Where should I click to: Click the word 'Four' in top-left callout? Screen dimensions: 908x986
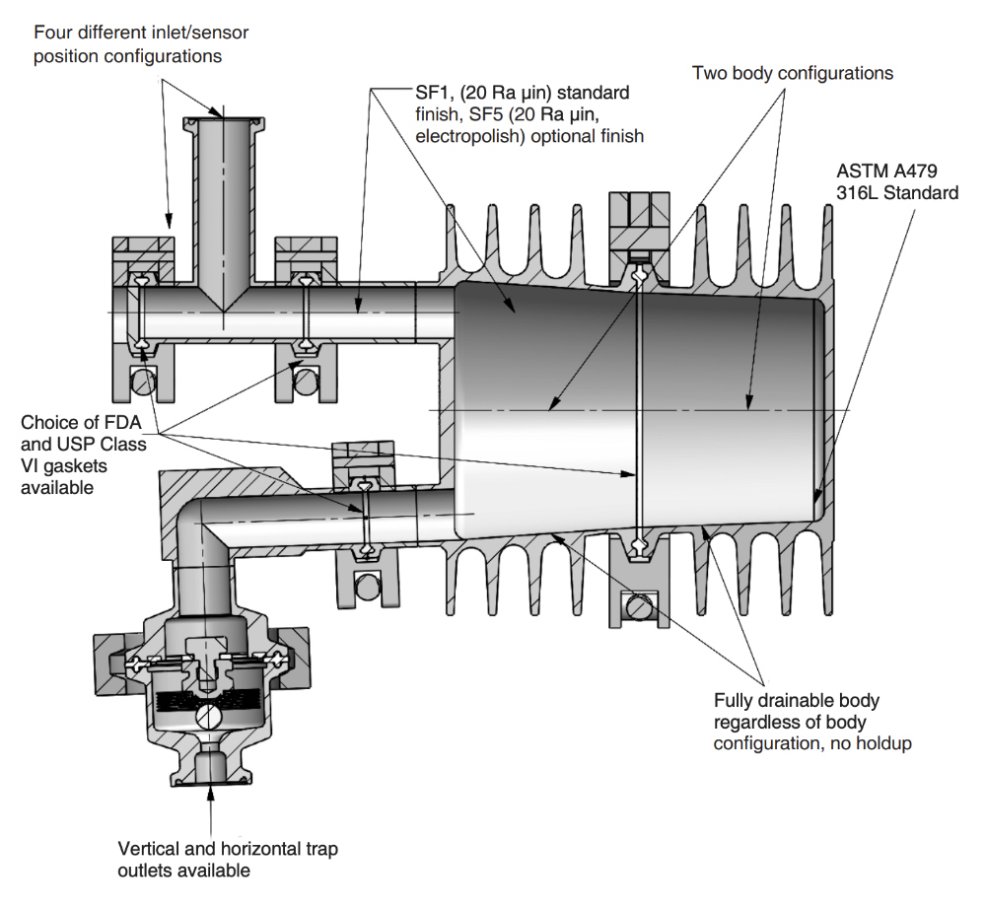pos(52,33)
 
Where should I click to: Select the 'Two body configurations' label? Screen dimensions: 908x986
pos(792,73)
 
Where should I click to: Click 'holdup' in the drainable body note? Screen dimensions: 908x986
pos(880,743)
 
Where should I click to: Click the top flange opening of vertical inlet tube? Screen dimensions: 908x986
pos(222,119)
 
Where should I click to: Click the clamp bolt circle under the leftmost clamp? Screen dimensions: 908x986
pos(144,382)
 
